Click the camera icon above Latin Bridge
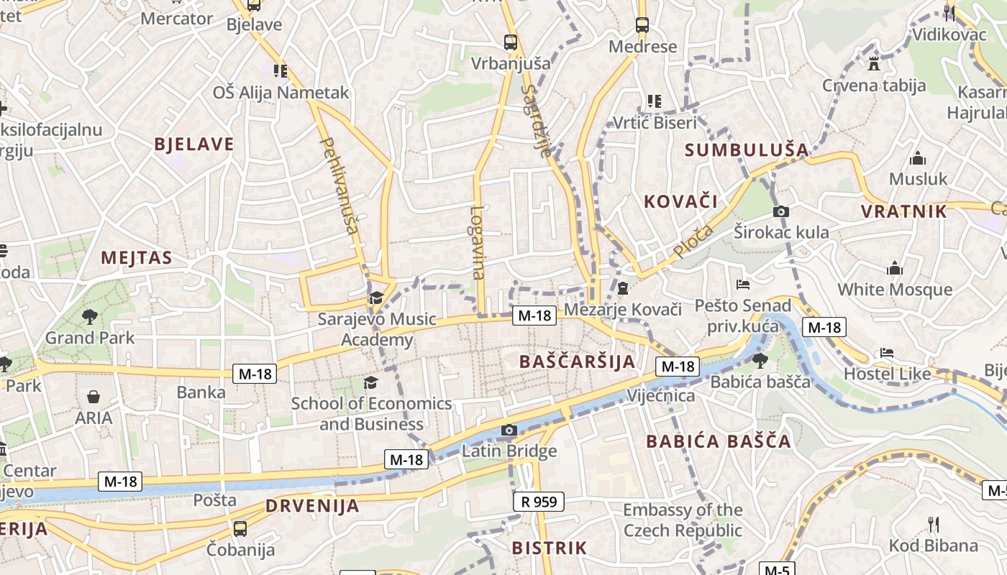pos(509,430)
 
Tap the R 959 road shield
pos(539,501)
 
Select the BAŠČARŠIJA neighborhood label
pos(577,362)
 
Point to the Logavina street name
pos(478,243)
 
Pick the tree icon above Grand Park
pos(90,316)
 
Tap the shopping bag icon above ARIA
pos(94,397)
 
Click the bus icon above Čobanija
pos(240,528)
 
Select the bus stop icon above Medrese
pos(642,25)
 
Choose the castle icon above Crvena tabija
pos(874,63)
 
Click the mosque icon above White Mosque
pos(895,269)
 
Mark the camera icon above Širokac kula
pos(781,211)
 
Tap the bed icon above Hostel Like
pos(887,353)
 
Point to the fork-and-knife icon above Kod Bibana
pos(934,524)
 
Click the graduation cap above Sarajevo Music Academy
pos(376,298)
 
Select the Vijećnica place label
pos(660,396)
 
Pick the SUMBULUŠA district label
pos(747,150)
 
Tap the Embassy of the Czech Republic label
pos(682,520)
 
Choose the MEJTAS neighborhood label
pos(137,258)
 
